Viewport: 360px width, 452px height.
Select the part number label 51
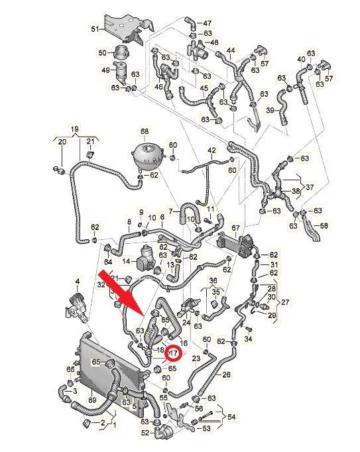(95, 29)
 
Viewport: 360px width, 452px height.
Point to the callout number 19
(74, 129)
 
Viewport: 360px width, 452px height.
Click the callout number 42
(211, 150)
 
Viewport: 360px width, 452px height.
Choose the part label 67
(235, 228)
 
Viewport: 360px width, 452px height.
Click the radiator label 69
(92, 401)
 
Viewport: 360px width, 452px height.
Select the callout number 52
(145, 433)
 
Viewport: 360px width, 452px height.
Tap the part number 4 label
(77, 280)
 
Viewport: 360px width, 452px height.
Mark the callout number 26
(227, 374)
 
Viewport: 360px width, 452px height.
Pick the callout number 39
(270, 110)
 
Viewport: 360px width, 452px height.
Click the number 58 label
(324, 225)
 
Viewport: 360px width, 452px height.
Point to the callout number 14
(127, 261)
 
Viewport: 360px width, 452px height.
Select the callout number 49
(106, 70)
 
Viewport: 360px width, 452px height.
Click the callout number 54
(231, 417)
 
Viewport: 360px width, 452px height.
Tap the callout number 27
(285, 302)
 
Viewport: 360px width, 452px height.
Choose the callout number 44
(231, 51)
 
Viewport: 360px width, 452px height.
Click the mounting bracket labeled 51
(129, 28)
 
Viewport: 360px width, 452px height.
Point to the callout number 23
(196, 359)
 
